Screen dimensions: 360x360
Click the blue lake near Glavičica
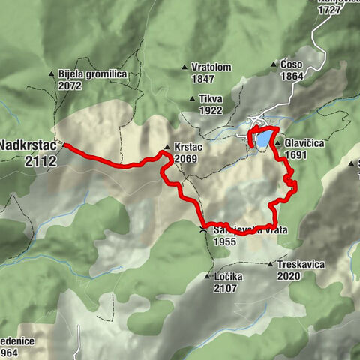coord(263,139)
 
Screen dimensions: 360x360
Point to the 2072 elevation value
coord(70,85)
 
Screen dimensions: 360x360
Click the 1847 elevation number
coord(203,79)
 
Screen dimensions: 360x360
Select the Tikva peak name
coord(211,98)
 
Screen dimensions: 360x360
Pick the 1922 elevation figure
coord(211,109)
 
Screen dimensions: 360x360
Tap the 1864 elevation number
coord(291,76)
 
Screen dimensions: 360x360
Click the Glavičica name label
coord(302,144)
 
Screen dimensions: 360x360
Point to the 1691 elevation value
coord(297,155)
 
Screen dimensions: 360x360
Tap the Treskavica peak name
coord(300,264)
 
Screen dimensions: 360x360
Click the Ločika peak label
coord(228,276)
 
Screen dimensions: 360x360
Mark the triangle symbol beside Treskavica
coord(271,264)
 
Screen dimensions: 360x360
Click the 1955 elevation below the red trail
coord(224,241)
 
